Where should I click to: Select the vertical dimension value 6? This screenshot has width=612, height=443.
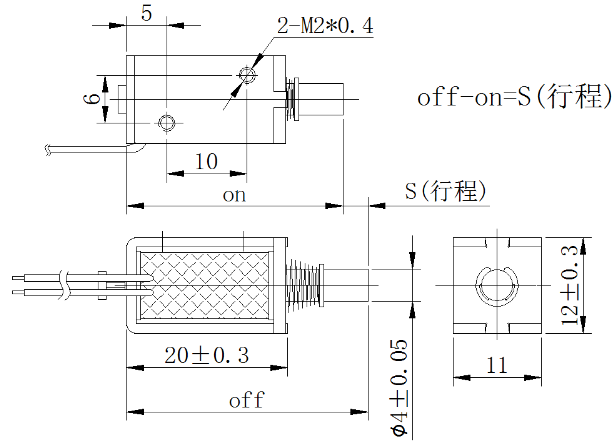coord(91,99)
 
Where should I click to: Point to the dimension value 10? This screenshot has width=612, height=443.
coord(206,162)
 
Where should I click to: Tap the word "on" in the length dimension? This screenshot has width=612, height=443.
coord(234,195)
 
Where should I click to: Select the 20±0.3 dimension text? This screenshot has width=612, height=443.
coord(206,356)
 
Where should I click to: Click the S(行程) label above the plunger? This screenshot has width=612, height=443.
coord(445,192)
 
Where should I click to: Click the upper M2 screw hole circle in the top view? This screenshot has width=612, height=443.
coord(247,76)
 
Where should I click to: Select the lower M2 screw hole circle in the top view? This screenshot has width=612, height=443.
coord(166,122)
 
